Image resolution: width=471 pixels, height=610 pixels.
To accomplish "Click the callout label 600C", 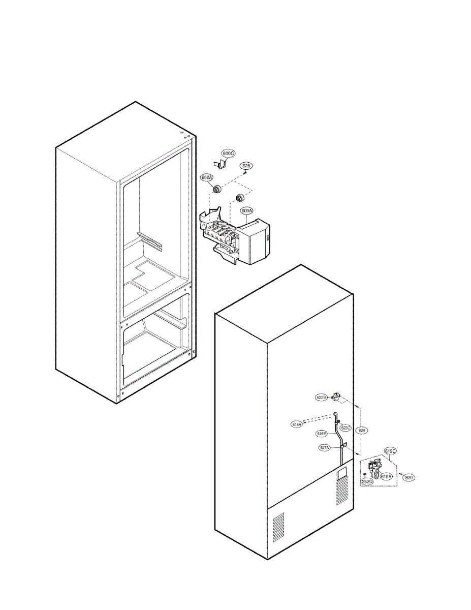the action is (229, 153).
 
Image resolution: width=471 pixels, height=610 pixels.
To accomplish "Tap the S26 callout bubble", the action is (246, 166).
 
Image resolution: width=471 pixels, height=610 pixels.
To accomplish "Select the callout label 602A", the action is (207, 177).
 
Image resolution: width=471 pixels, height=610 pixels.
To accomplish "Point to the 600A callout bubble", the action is (247, 210).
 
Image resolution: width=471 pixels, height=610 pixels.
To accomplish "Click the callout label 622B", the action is (321, 398).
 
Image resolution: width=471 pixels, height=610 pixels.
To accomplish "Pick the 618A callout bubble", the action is (297, 424).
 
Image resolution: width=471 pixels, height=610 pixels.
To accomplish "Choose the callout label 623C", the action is (346, 428).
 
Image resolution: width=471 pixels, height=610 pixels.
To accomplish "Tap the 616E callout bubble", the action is (321, 434).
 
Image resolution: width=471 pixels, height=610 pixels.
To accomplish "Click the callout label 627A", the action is (325, 448).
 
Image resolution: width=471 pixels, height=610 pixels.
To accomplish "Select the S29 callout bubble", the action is (361, 430).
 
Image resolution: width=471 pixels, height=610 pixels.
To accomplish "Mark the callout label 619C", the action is (390, 451).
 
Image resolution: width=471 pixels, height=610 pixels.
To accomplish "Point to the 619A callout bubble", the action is (386, 477).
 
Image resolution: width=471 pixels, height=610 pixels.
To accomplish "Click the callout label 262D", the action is (367, 481).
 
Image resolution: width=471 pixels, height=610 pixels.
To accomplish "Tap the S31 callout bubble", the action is (410, 477).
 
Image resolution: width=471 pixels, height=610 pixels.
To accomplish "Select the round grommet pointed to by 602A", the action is (217, 190).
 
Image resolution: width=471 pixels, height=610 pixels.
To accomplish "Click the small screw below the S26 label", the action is (245, 172).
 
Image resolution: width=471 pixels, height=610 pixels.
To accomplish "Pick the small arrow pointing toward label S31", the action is (400, 474).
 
